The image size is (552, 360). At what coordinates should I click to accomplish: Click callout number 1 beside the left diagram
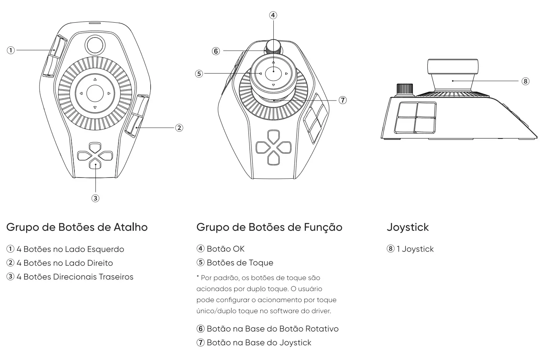coord(11,50)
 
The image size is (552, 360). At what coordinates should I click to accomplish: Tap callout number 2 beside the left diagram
coord(179,128)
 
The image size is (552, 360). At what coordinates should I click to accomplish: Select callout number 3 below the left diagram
coord(95,198)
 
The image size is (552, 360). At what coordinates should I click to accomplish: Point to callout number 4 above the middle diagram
coord(273,15)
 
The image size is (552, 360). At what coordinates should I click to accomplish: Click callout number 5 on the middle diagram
coord(199,74)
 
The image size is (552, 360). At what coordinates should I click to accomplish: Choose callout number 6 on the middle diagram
coord(216,51)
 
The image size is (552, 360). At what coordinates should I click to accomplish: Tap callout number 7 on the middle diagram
coord(343,100)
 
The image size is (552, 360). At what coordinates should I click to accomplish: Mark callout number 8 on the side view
coord(526,81)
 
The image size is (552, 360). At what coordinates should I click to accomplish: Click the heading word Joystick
coord(408,227)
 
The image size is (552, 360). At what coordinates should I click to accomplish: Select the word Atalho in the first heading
coord(131,227)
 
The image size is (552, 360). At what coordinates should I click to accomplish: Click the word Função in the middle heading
coord(323,227)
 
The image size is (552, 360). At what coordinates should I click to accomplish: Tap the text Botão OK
coord(226,249)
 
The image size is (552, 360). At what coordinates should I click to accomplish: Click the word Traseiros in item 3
coord(116,277)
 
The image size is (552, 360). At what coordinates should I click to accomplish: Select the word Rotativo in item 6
coord(322,329)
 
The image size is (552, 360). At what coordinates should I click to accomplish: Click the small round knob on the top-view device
coord(95,45)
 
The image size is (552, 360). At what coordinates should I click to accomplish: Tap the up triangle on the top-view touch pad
coord(95,79)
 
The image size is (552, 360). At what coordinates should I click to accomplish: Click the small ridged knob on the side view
coord(405,90)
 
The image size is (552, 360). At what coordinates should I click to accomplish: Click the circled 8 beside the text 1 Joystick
coord(391,248)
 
